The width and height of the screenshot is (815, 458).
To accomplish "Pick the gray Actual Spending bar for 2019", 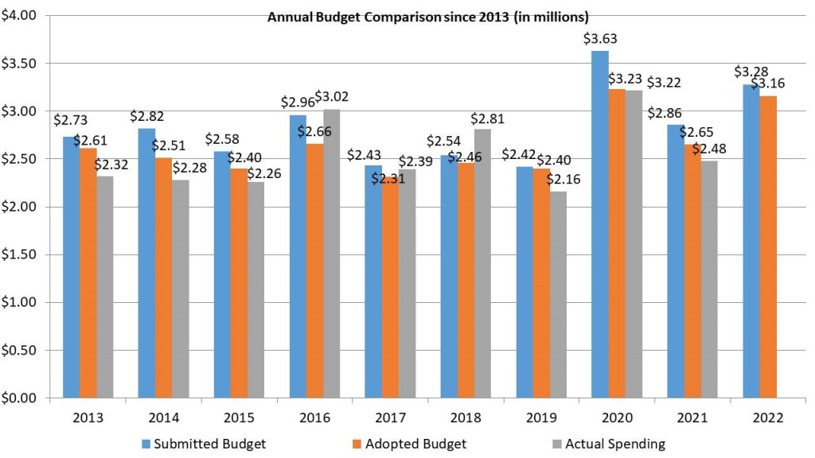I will click(558, 294).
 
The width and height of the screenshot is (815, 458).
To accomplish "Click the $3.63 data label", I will click(600, 38).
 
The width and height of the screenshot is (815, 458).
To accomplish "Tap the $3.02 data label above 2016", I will click(332, 97).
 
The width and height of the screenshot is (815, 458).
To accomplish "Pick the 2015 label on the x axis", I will click(239, 418).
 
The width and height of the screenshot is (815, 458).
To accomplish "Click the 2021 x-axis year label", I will click(692, 418).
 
